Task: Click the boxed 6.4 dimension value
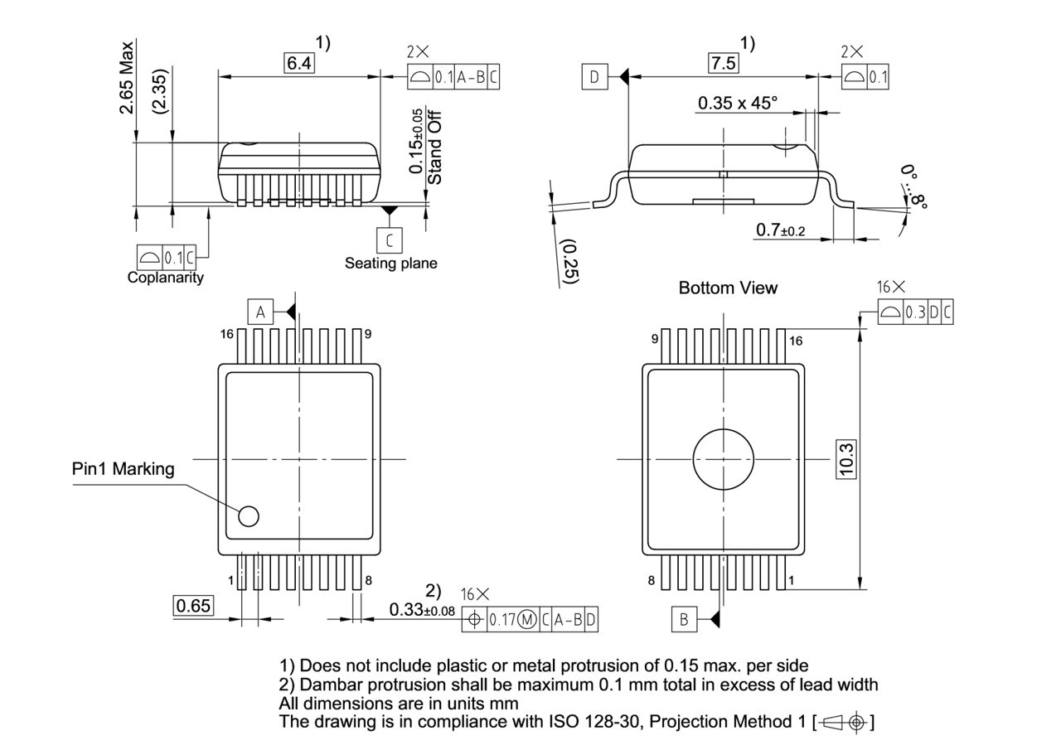coord(300,63)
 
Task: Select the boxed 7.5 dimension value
coord(723,63)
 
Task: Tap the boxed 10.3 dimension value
coord(846,458)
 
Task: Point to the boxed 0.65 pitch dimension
coord(193,606)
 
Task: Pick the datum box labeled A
coord(260,312)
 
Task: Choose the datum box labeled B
coord(684,618)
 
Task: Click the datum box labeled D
coord(593,78)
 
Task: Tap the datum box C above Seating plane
coord(389,240)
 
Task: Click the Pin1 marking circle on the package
coord(249,516)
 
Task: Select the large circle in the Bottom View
coord(724,458)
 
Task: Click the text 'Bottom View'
coord(728,288)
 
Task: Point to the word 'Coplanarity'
coord(165,278)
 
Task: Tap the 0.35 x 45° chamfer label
coord(737,104)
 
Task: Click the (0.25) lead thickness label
coord(569,262)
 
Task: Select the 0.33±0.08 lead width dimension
coord(422,611)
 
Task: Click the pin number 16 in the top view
coord(227,334)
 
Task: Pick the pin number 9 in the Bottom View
coord(654,339)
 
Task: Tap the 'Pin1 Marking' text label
coord(124,469)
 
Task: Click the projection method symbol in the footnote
coord(845,722)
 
